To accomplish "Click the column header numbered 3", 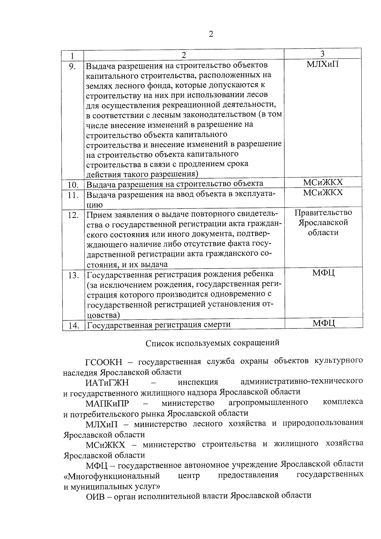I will [x=323, y=54].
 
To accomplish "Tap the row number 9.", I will [x=73, y=66].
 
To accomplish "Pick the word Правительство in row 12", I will [x=323, y=212].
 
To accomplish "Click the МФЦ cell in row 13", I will [x=323, y=273].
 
